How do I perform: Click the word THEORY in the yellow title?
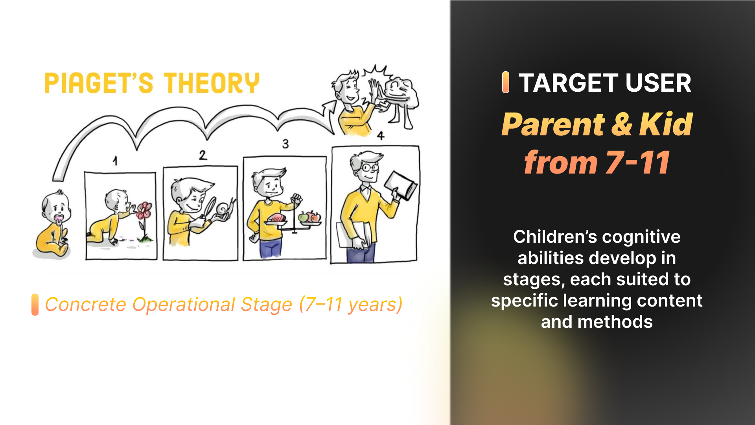click(212, 83)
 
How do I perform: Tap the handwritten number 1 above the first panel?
click(115, 161)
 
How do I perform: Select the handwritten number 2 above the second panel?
click(203, 155)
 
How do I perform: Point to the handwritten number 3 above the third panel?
click(285, 144)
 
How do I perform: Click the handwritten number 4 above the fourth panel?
click(381, 136)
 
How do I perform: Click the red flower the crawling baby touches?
click(144, 211)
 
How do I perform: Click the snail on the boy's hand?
click(225, 209)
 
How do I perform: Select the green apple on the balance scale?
click(303, 217)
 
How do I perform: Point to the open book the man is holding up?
click(400, 185)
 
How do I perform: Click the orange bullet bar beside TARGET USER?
click(506, 83)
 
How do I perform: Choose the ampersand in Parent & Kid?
click(622, 124)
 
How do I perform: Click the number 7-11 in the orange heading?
click(638, 163)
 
